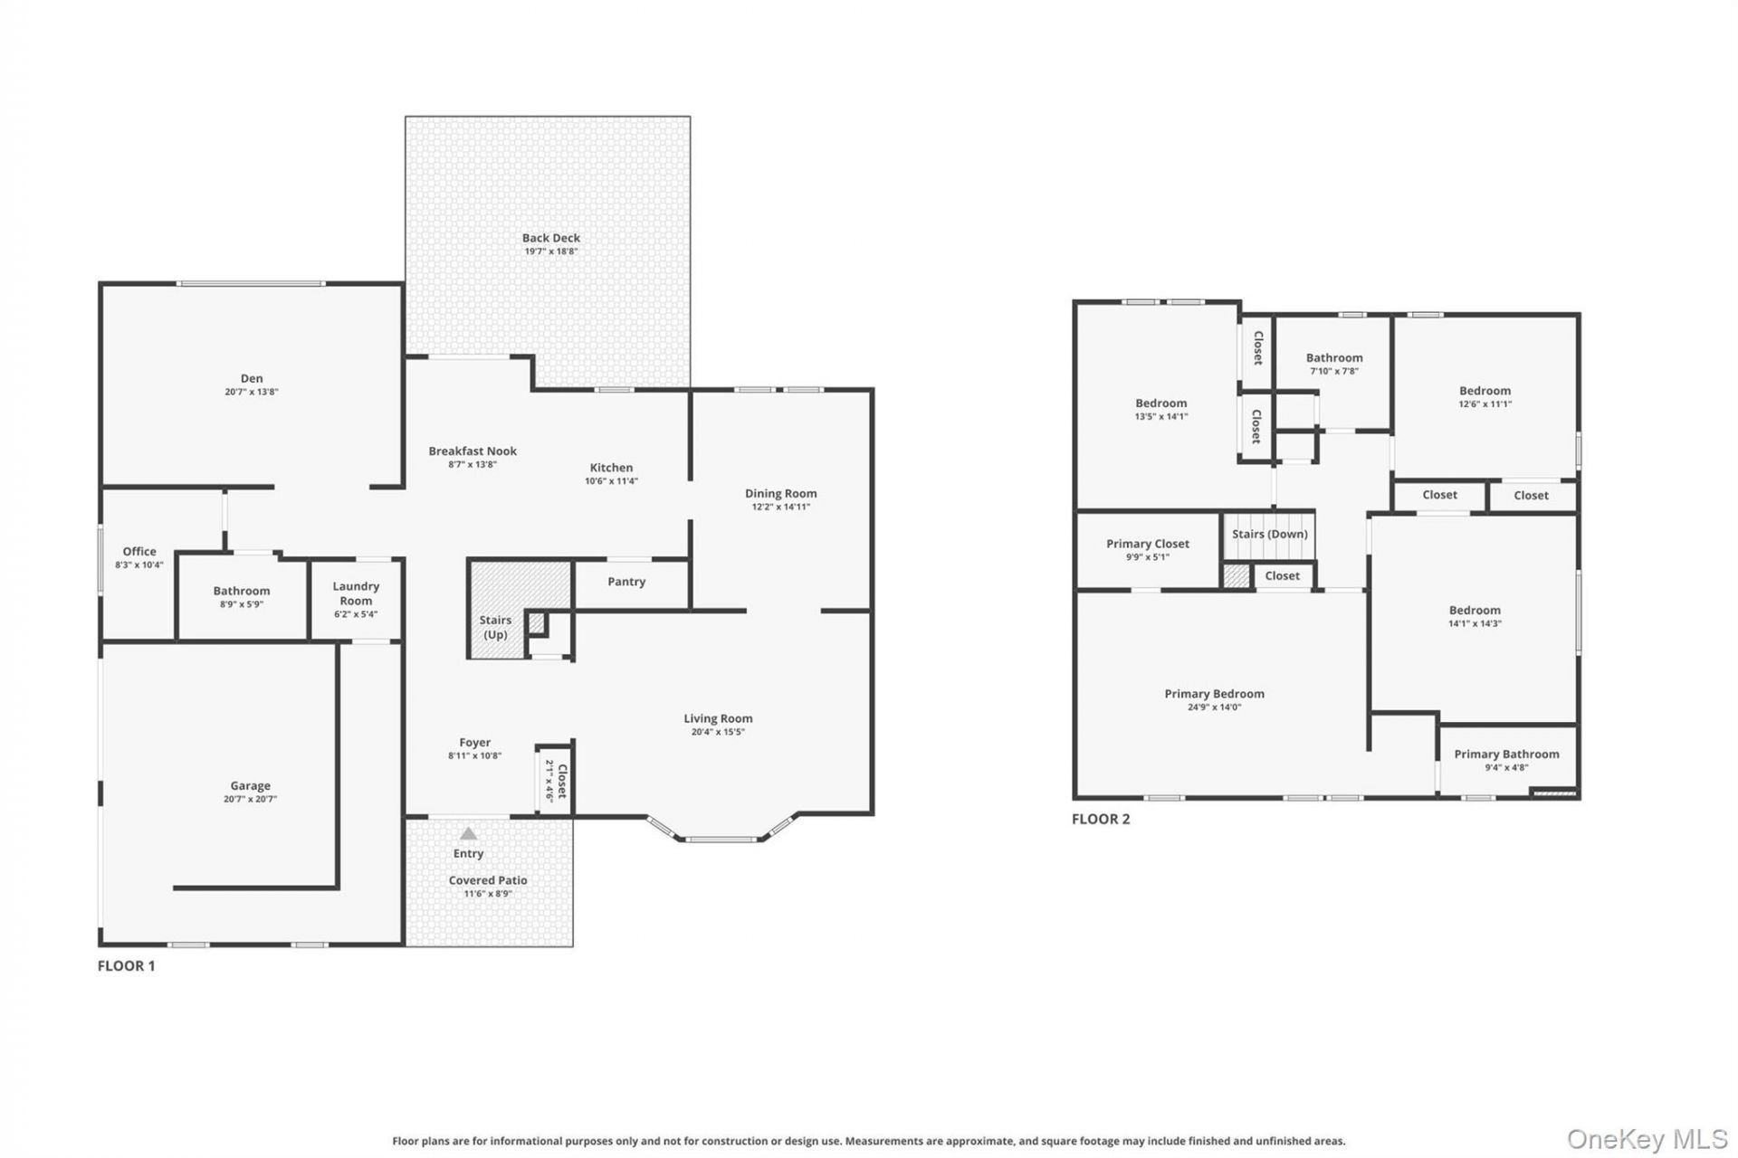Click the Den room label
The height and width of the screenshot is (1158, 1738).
tap(252, 378)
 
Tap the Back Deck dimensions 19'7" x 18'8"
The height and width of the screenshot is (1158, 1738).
tap(551, 252)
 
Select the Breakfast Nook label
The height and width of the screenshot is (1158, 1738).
tap(473, 451)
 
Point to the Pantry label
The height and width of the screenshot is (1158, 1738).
tap(626, 582)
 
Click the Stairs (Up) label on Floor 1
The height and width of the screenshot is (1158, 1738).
tap(495, 627)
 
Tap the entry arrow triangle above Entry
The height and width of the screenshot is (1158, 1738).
tap(468, 833)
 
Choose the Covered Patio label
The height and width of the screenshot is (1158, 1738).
tap(488, 880)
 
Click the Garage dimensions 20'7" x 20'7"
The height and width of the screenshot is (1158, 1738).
tap(251, 800)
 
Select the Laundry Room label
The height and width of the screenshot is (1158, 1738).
tap(356, 593)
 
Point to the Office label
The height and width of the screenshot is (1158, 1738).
tap(139, 551)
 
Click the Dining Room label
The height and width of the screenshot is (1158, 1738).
tap(781, 493)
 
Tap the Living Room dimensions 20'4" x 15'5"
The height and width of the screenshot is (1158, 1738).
tap(719, 732)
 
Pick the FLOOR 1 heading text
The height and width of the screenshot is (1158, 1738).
tap(126, 965)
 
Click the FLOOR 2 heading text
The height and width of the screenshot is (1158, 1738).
tap(1101, 819)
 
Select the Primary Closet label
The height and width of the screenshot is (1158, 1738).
tap(1148, 544)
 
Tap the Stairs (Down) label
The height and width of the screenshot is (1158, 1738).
tap(1270, 534)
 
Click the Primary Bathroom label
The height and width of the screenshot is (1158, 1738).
tap(1506, 754)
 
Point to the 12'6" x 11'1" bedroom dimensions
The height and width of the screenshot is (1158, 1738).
tap(1485, 404)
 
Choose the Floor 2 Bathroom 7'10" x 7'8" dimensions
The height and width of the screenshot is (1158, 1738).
tap(1334, 371)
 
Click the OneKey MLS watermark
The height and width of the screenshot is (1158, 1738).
tap(1647, 1139)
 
